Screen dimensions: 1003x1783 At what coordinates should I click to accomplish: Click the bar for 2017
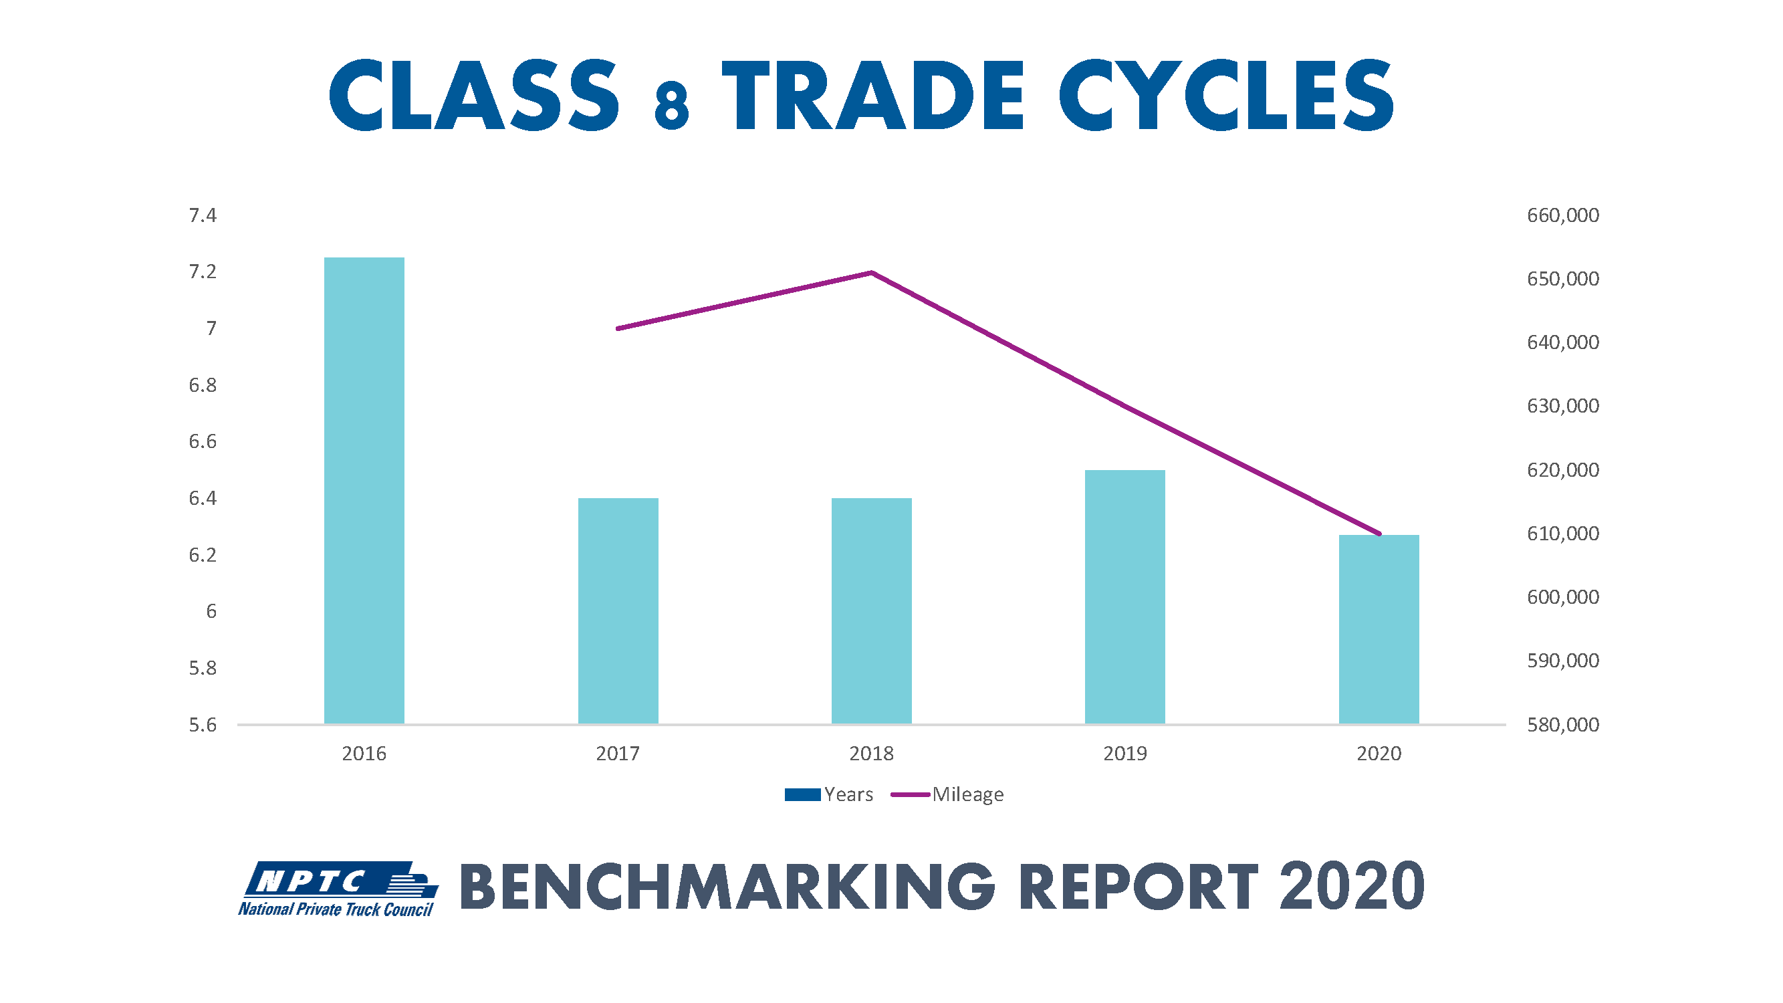[x=618, y=610]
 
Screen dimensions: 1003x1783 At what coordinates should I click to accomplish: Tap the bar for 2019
[x=1124, y=596]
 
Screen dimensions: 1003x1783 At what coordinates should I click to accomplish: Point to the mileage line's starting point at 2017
[x=618, y=328]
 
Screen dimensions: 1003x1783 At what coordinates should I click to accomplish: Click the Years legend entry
[x=829, y=794]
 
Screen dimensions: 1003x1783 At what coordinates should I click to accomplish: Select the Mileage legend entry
[x=948, y=794]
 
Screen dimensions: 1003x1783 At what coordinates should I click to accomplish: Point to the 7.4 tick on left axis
[x=203, y=215]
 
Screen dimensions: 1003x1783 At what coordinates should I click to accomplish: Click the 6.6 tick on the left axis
[x=203, y=441]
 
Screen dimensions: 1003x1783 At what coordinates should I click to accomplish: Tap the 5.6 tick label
[x=203, y=725]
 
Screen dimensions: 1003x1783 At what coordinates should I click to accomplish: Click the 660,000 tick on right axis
[x=1563, y=215]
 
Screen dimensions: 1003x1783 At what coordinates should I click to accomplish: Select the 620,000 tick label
[x=1563, y=470]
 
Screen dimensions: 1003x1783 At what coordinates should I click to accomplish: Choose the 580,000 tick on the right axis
[x=1563, y=725]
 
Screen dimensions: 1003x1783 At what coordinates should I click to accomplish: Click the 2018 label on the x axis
[x=871, y=753]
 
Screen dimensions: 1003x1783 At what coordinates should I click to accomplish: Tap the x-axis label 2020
[x=1379, y=753]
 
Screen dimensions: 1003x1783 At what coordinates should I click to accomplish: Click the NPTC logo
[x=338, y=889]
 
